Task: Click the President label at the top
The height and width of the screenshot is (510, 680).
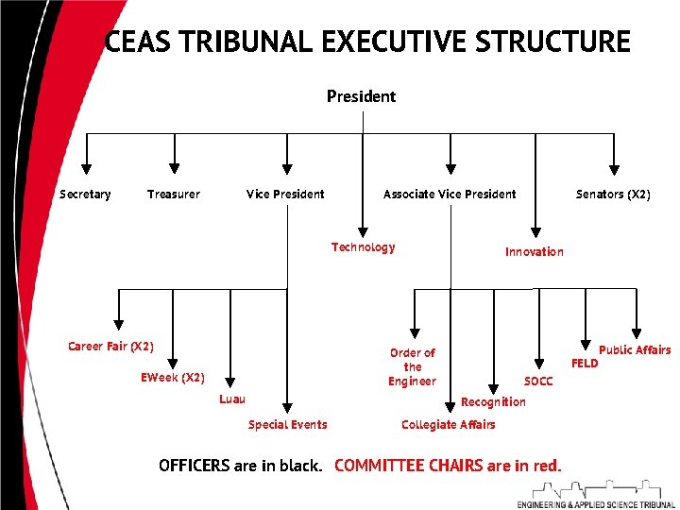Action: [361, 96]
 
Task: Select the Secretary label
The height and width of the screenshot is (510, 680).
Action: [85, 195]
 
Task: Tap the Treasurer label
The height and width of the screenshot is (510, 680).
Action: [174, 195]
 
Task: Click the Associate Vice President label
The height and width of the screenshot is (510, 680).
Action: [450, 195]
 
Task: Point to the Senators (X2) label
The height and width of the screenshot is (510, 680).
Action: [613, 195]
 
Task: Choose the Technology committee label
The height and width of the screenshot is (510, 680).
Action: [363, 247]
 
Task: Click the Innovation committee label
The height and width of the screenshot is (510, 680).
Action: [534, 251]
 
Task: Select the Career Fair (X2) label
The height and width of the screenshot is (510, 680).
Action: [110, 347]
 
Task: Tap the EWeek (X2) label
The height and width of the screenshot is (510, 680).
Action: [172, 378]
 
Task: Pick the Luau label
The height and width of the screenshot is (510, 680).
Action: [232, 399]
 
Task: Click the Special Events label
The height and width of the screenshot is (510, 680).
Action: [287, 425]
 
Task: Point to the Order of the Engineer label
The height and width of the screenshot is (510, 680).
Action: [412, 366]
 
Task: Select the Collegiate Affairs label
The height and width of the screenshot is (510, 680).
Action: [448, 425]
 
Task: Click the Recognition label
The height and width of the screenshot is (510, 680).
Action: [493, 402]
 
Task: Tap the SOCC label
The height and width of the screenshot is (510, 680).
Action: [538, 382]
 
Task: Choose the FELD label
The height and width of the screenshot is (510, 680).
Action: [585, 364]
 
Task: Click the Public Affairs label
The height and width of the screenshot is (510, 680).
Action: [635, 350]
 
